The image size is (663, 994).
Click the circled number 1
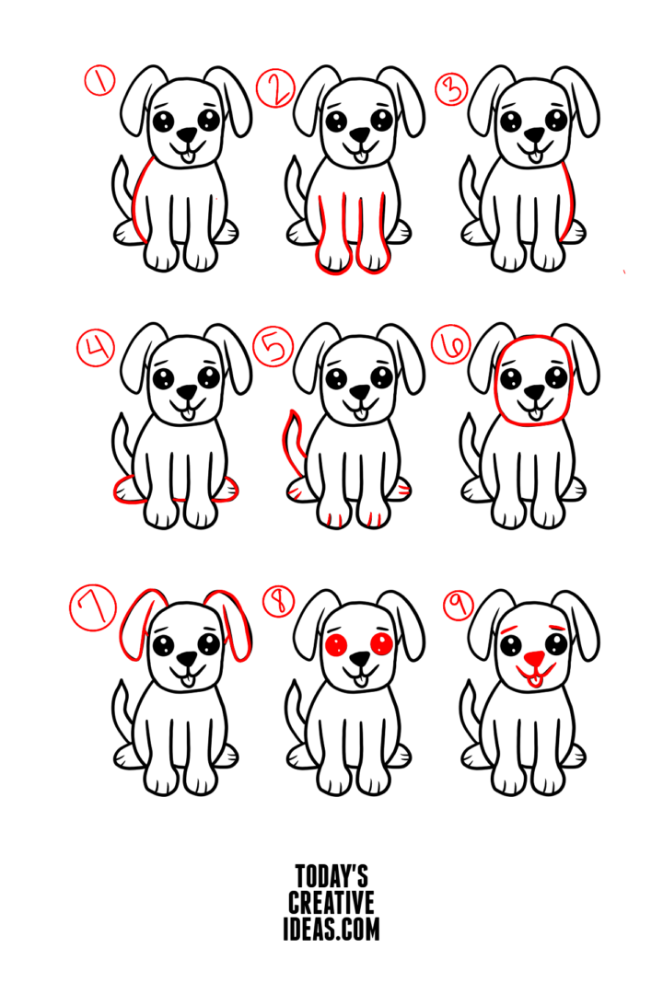click(100, 82)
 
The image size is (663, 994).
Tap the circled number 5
click(274, 348)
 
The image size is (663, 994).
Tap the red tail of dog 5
click(294, 442)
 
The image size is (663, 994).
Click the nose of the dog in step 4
click(187, 392)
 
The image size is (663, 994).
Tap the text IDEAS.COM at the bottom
click(331, 930)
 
